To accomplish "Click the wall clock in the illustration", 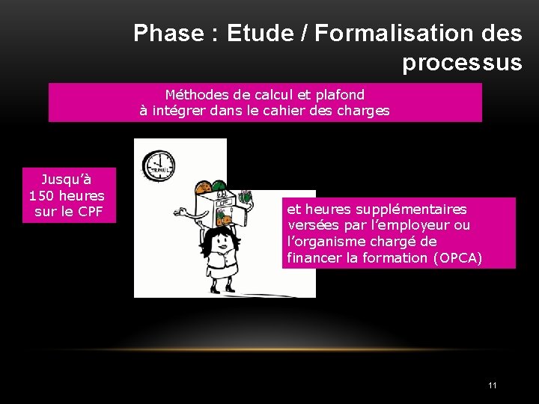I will pyautogui.click(x=159, y=164).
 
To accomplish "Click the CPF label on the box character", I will pyautogui.click(x=223, y=201).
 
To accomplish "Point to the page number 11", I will pyautogui.click(x=492, y=385).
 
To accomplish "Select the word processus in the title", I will pyautogui.click(x=462, y=63).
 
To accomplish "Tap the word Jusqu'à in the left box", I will pyautogui.click(x=67, y=180).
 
